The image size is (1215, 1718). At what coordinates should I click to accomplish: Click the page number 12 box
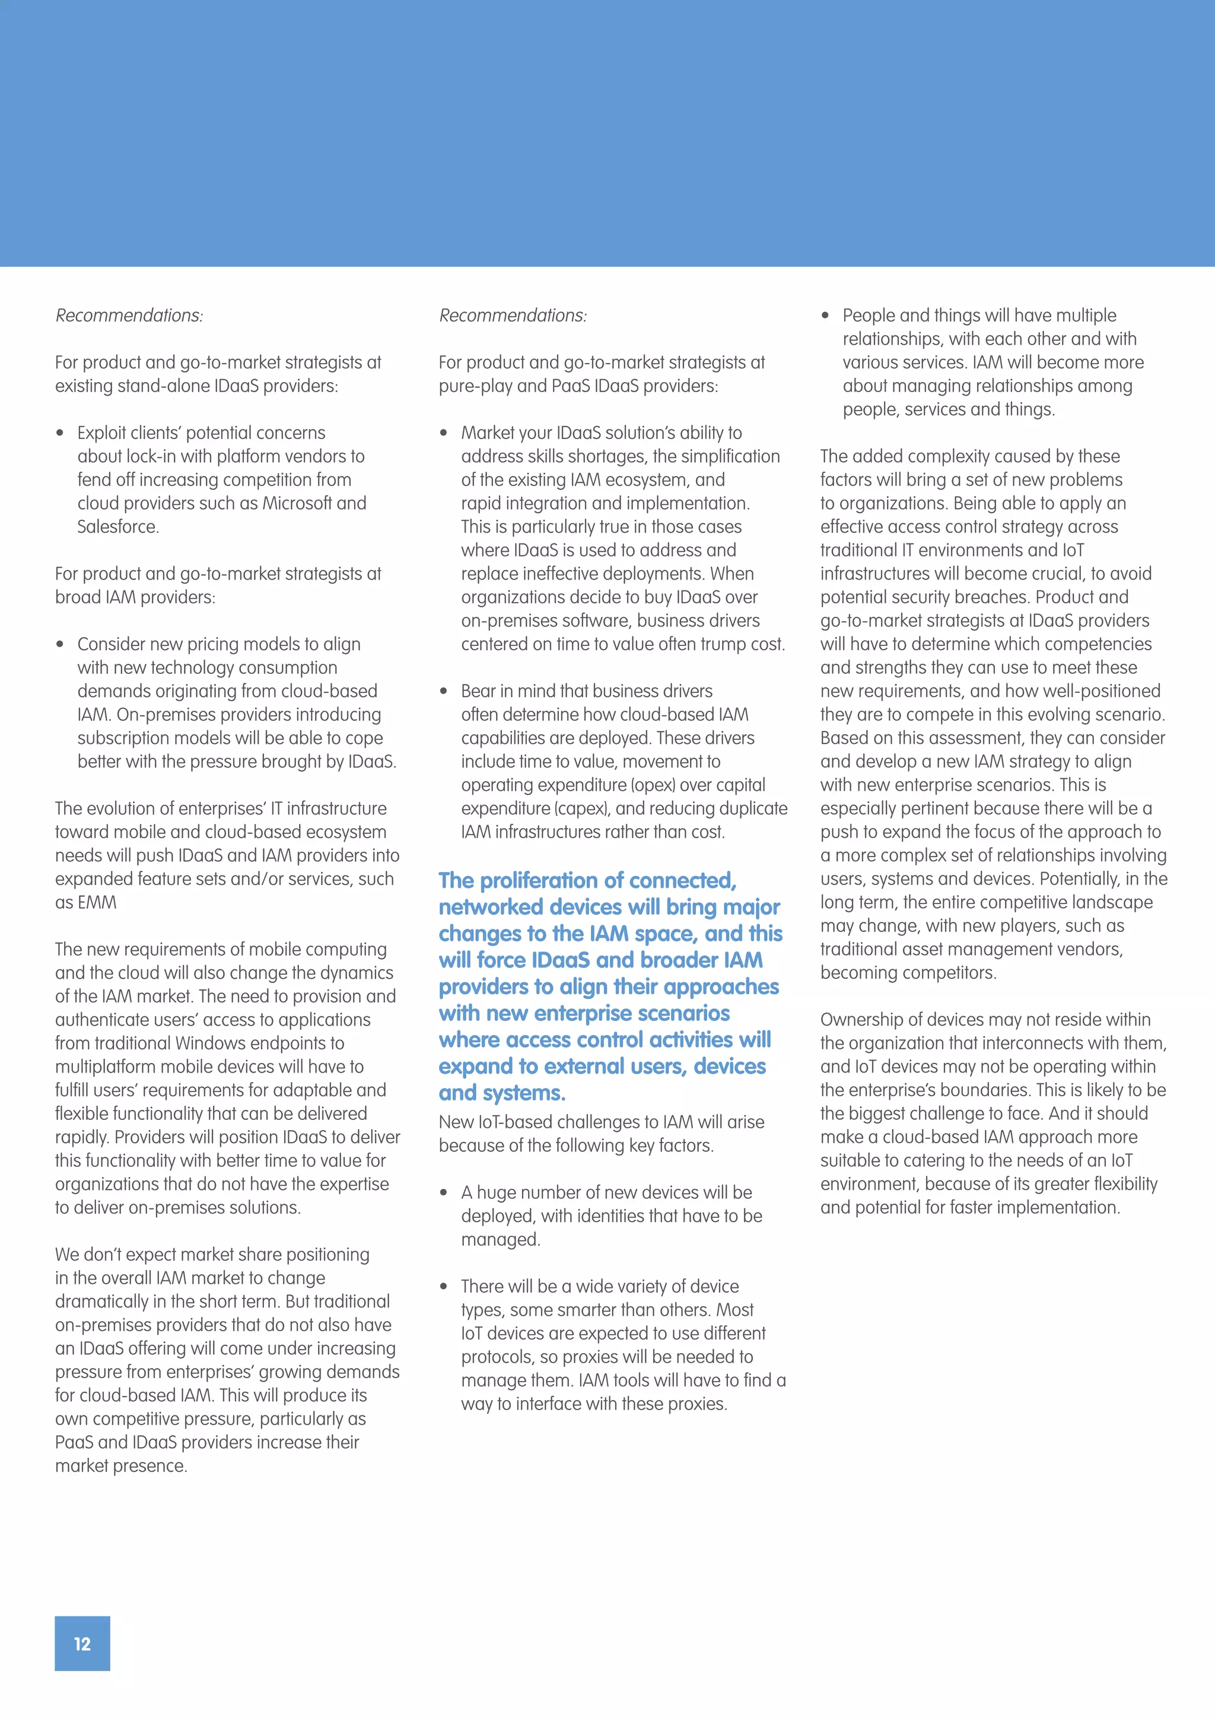pos(82,1643)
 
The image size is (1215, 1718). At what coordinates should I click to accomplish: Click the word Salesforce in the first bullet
pos(117,527)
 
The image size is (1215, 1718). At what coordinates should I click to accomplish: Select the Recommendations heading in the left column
pos(129,316)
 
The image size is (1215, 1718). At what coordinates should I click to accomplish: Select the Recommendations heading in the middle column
pos(513,316)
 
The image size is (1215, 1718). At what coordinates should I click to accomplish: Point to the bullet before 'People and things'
pos(825,316)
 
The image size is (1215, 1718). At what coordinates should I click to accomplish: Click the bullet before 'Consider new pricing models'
pos(60,645)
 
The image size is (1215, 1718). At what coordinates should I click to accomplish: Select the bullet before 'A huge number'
pos(444,1193)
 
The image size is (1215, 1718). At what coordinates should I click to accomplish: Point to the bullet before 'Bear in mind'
pos(444,691)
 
